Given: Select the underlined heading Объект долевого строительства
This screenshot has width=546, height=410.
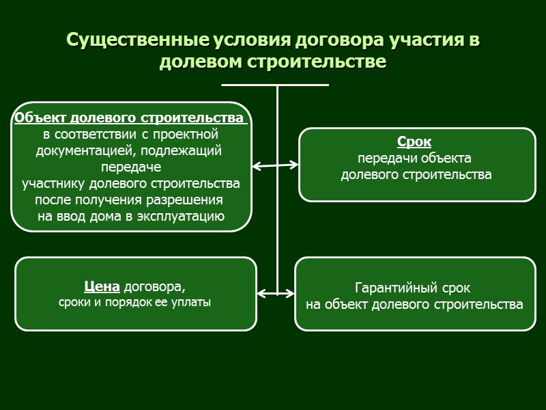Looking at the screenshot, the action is [129, 118].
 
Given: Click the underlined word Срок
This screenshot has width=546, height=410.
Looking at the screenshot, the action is [414, 143].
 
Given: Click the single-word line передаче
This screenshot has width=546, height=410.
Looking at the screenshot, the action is [130, 167].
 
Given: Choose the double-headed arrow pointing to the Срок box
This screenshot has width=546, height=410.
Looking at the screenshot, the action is [275, 165].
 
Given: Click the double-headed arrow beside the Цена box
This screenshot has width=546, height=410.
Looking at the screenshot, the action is [276, 294].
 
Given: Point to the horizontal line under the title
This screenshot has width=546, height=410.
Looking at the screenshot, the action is [276, 85].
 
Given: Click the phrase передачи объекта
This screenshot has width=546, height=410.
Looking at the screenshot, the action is [414, 159].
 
